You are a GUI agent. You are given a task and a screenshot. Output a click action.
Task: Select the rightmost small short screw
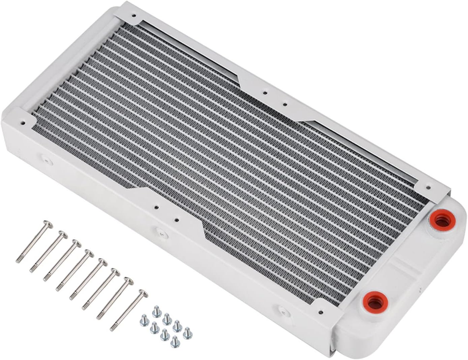click(x=187, y=333)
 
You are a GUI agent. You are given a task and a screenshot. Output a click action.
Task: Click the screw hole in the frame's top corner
click(x=134, y=16)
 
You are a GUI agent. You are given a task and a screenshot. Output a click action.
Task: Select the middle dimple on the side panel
click(x=161, y=232)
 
